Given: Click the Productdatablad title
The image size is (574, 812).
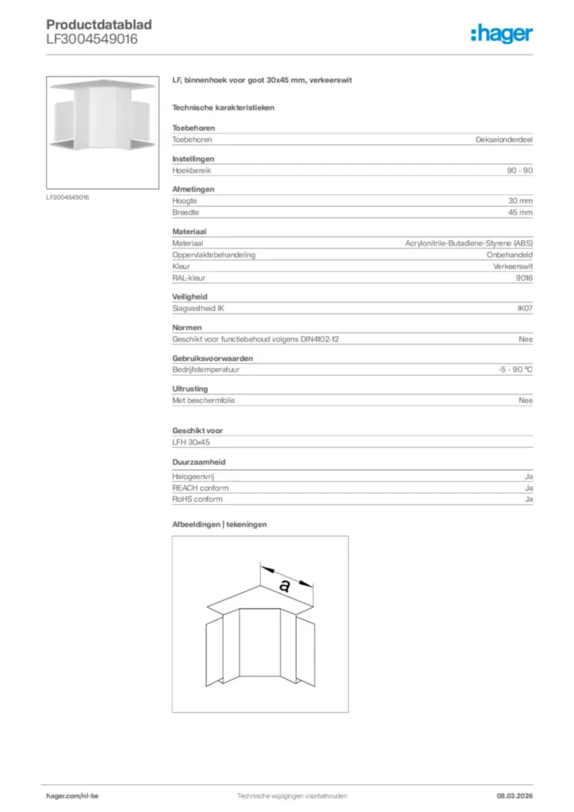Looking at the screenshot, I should pos(99,25).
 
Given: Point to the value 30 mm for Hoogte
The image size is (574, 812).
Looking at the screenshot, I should pos(520,201).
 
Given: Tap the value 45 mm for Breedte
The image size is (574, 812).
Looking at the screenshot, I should pos(520,213).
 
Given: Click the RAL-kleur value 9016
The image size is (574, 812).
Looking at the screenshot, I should pos(524,278).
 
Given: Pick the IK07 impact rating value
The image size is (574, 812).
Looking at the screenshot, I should pos(525,308).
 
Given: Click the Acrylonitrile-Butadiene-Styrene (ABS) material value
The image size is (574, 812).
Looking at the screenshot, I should pos(469,243).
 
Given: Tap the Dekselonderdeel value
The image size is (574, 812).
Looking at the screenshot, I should pos(503,140).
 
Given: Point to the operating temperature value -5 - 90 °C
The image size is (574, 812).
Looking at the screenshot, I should pos(510,370).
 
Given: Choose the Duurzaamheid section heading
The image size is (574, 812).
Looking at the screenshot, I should pos(197,462).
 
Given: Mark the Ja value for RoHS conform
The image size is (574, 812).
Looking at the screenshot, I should pos(528,500).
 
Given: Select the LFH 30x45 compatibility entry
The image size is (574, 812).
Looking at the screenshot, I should pos(190,442).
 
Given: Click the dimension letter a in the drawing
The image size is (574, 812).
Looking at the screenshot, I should pos(285,587).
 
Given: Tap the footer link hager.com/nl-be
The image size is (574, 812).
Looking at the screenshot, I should pos(72,795).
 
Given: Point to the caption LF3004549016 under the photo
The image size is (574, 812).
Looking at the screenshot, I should pos(67,197).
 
